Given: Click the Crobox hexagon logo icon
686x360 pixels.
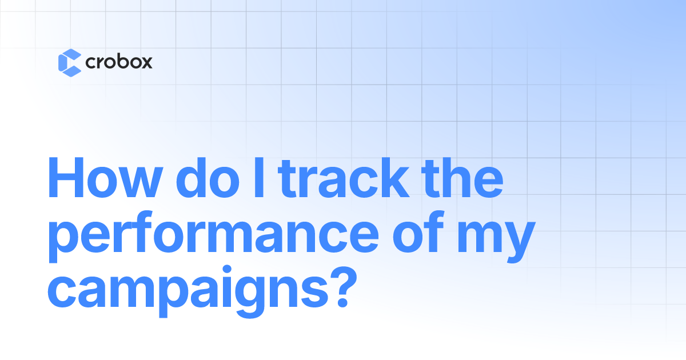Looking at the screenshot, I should pos(69,63).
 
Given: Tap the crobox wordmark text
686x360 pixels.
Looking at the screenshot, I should pos(118,62).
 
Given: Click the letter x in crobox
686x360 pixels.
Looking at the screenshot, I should pos(146,63).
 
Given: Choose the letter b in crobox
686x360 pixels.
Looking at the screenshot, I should pos(120,61).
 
